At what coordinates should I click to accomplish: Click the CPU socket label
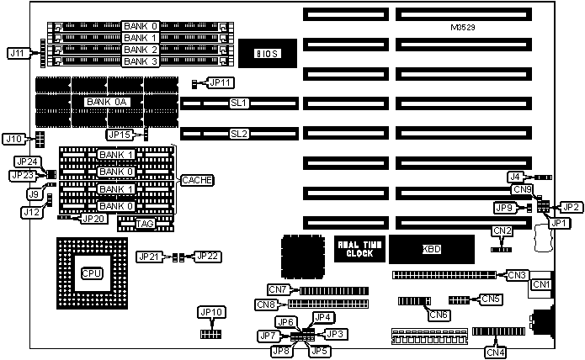click(x=91, y=274)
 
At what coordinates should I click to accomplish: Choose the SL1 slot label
click(x=240, y=103)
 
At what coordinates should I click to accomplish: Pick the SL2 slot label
click(x=240, y=134)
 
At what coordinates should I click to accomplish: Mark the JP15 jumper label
click(x=120, y=135)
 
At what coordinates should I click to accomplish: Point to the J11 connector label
click(x=16, y=52)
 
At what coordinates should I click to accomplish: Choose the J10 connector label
click(x=13, y=139)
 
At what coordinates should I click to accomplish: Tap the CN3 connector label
click(x=516, y=274)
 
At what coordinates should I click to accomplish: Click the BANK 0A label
click(x=107, y=102)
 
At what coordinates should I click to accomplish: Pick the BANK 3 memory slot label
click(x=140, y=61)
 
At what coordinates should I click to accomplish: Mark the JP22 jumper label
click(x=207, y=257)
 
